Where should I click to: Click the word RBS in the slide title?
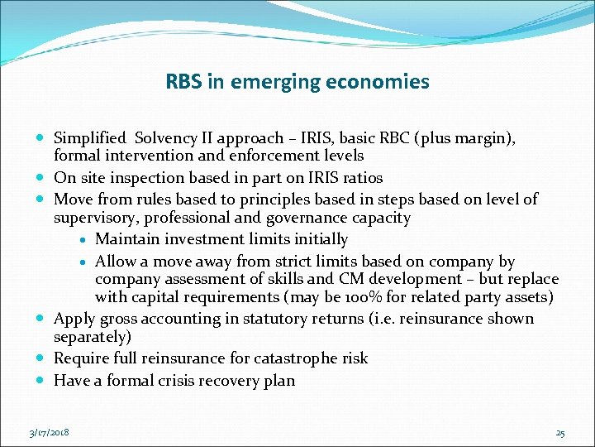point(182,82)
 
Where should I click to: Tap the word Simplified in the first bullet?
point(89,138)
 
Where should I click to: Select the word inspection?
point(147,178)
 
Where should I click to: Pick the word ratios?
point(359,178)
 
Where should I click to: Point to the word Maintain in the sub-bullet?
point(126,239)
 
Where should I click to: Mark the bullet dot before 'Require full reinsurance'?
point(41,359)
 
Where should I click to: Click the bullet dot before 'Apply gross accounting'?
point(41,320)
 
